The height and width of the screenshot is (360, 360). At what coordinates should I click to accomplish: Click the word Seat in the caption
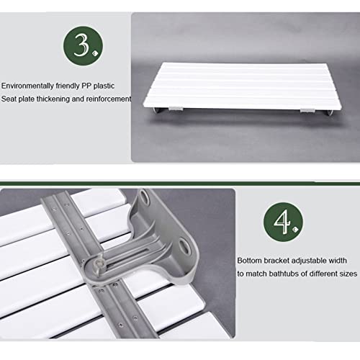click(9, 99)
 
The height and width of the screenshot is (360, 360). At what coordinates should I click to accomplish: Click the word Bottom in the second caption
click(251, 260)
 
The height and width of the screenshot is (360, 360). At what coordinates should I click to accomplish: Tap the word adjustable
click(317, 260)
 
